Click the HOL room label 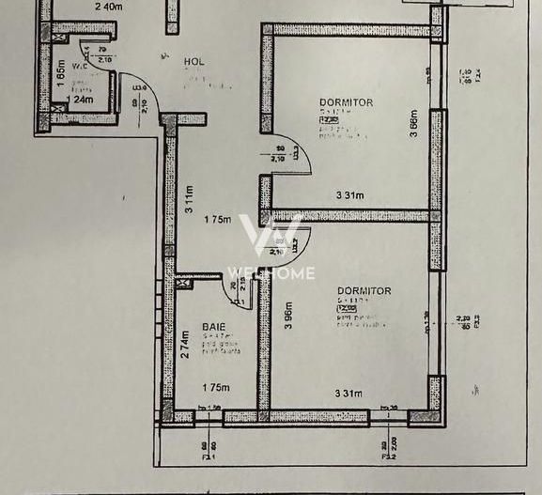194,62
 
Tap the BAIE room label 213,327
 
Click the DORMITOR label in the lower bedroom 364,291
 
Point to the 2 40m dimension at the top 110,7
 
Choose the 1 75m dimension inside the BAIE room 215,387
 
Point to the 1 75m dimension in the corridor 216,220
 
